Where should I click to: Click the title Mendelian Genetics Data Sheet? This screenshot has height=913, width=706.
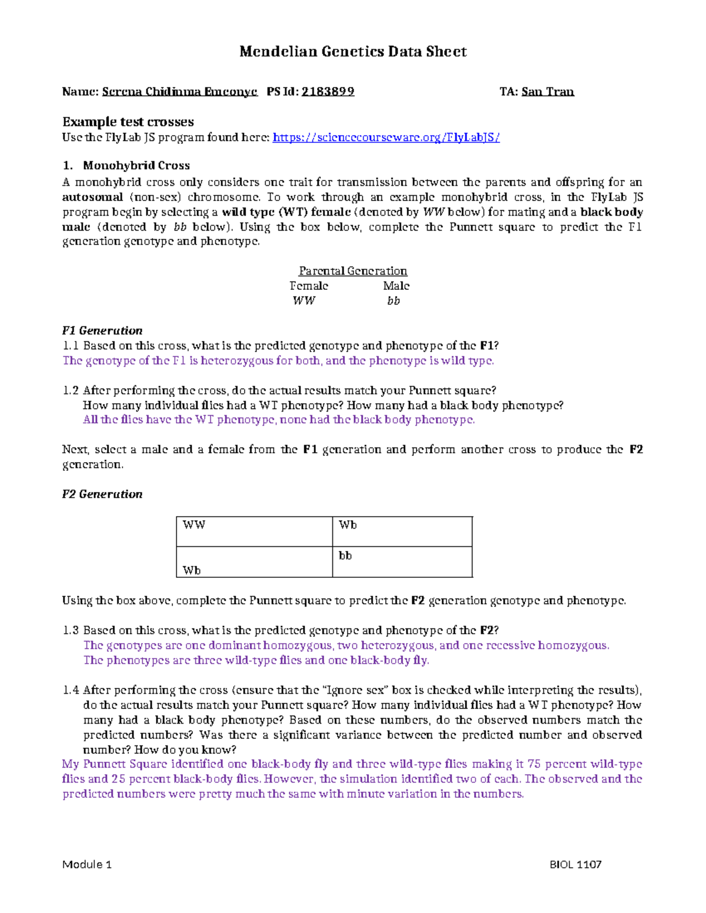(352, 52)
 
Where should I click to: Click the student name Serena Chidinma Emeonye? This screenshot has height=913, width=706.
(179, 92)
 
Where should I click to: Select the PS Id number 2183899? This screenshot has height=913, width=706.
(328, 92)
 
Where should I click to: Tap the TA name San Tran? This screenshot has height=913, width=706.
(547, 92)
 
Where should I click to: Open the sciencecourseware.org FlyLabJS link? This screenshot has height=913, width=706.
(386, 138)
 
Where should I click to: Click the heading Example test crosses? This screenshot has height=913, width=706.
(128, 122)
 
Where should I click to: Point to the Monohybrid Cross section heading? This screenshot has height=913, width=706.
(136, 166)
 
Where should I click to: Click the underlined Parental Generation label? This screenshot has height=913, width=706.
(352, 271)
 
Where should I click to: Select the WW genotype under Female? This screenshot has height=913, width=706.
(304, 301)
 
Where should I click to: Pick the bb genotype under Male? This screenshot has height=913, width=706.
(393, 301)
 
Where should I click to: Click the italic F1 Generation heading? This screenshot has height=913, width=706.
(102, 331)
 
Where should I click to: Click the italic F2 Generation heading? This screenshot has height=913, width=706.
(102, 494)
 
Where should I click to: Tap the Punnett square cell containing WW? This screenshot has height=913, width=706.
(254, 531)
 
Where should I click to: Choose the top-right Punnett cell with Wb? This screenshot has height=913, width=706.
(402, 531)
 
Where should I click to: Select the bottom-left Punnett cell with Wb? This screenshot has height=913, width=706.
(254, 563)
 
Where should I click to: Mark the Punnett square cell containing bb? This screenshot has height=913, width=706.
(402, 563)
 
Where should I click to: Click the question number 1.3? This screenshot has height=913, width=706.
(71, 631)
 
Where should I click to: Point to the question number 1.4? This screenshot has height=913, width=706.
(71, 690)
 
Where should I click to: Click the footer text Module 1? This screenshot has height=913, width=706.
(86, 865)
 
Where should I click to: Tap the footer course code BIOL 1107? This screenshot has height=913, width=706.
(575, 865)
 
